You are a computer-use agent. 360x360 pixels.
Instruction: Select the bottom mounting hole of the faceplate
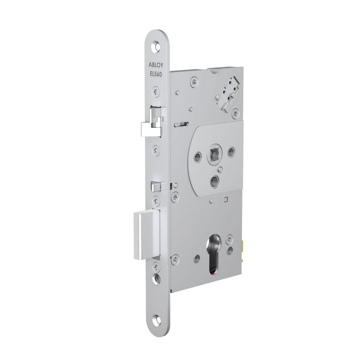157,321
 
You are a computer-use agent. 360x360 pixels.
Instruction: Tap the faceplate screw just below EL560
155,92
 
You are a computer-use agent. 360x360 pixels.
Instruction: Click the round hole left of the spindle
197,156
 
